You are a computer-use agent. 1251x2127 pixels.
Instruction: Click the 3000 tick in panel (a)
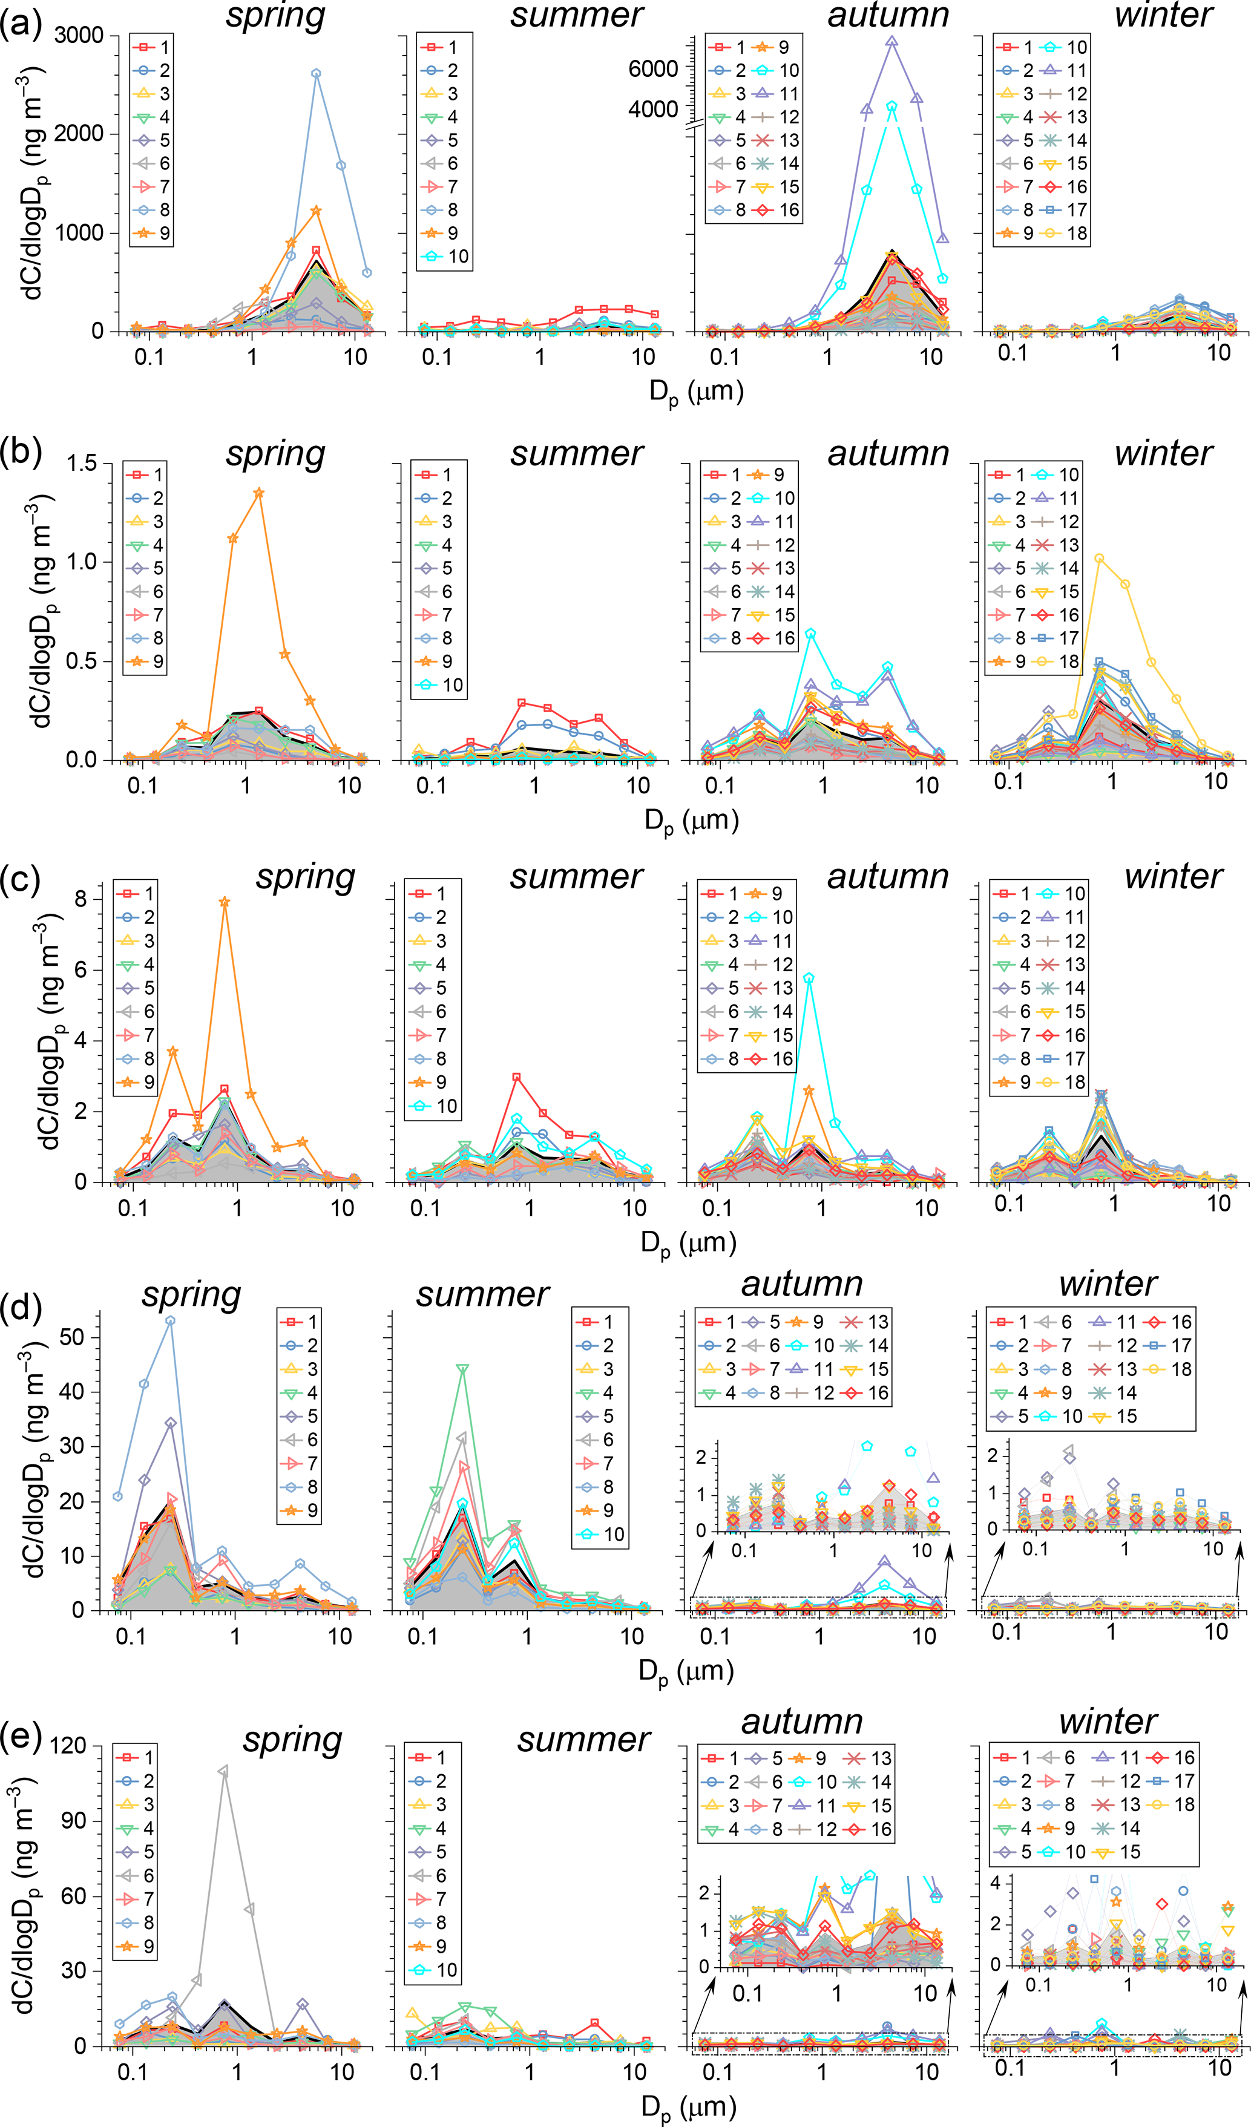pos(79,36)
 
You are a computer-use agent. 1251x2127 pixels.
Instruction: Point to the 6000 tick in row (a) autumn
pos(652,68)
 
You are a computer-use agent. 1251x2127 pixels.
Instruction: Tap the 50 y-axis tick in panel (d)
pos(73,1336)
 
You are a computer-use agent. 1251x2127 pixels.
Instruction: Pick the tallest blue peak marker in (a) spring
pos(316,73)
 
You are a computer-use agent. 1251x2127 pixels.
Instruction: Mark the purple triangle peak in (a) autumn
pos(891,41)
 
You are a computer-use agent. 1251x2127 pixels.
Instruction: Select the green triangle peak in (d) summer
pos(462,1368)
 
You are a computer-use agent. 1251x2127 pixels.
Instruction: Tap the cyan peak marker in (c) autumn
pos(809,978)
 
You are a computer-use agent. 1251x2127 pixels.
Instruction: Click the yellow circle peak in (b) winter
pos(1099,558)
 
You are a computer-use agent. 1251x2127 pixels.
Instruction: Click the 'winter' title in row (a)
pos(1163,15)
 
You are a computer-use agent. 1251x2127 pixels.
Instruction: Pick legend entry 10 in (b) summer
pos(442,684)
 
